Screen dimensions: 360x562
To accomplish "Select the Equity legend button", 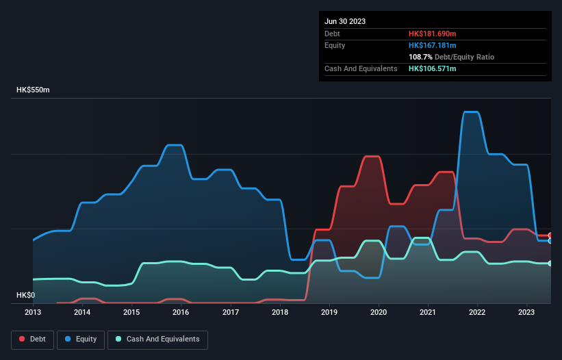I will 81,339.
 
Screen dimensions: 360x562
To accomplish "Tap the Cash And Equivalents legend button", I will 157,339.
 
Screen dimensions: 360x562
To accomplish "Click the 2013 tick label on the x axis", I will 33,313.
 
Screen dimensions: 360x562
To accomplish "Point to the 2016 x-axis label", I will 181,313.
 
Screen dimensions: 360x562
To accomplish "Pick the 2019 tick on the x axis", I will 329,313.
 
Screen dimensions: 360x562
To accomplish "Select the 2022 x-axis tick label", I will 477,313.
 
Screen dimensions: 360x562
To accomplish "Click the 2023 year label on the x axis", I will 526,313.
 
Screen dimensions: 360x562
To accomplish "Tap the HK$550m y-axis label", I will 34,90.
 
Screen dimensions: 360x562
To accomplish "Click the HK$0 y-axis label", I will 25,295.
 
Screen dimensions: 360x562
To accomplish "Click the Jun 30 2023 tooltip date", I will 345,21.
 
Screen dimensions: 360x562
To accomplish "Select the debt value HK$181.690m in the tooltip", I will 433,34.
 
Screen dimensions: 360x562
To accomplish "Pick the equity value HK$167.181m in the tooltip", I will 433,45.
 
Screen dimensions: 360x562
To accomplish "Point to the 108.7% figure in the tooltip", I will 421,57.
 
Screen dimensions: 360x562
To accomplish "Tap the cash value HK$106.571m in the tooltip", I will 433,68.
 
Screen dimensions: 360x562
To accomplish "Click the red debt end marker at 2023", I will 550,235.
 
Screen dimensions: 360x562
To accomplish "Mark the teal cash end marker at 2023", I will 550,263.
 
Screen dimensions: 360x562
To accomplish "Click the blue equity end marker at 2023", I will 550,241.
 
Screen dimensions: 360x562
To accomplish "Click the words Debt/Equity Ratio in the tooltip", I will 465,57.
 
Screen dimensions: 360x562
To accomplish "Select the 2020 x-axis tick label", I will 379,313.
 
